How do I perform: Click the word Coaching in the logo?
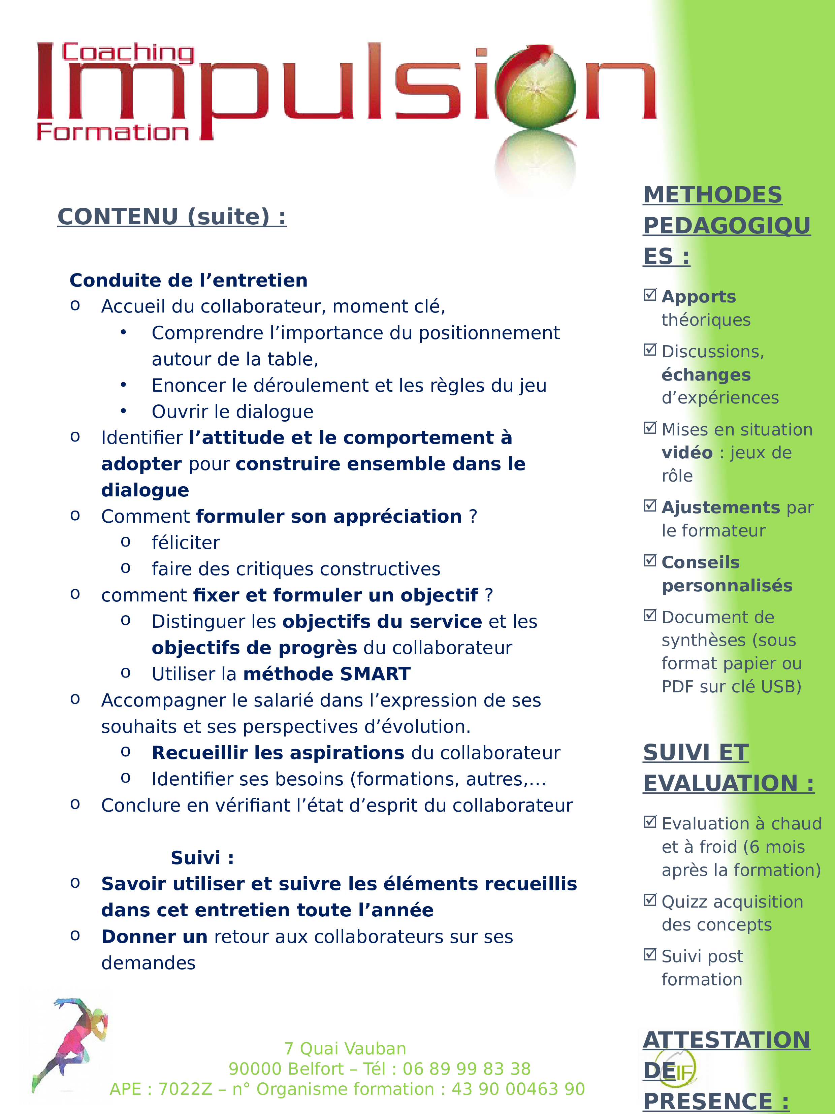[x=128, y=53]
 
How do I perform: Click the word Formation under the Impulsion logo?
[x=113, y=132]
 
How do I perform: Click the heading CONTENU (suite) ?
[x=172, y=217]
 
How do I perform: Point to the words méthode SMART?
[x=327, y=674]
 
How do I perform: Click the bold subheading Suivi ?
[x=202, y=858]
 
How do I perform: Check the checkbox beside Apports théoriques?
[x=650, y=295]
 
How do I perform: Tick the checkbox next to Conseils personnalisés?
[x=650, y=560]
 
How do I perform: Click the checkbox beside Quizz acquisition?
[x=650, y=899]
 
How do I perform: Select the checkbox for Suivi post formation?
[x=650, y=954]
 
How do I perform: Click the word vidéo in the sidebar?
[x=687, y=453]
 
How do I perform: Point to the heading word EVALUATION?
[x=720, y=784]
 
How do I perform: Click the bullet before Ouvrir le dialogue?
[x=123, y=412]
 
